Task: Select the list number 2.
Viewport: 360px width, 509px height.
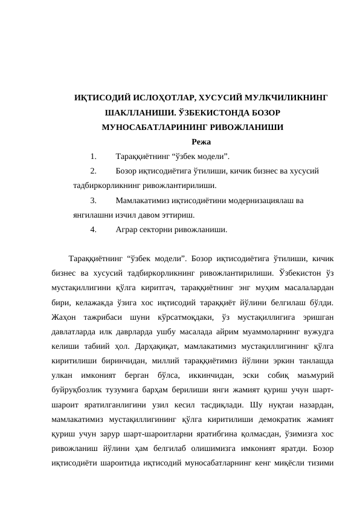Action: point(93,170)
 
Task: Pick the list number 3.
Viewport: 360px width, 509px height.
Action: point(93,199)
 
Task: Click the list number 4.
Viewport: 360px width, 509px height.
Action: point(93,229)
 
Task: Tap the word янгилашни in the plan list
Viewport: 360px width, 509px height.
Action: point(91,214)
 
